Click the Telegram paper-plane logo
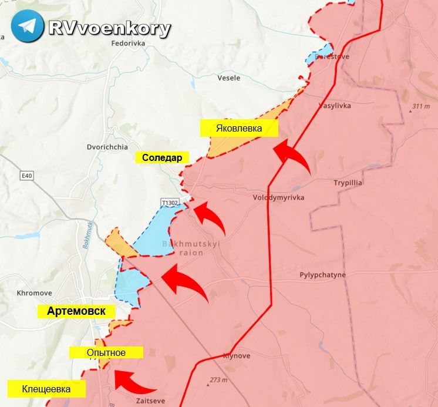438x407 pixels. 27,26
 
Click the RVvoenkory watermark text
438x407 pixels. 110,28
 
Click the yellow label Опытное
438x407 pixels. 106,352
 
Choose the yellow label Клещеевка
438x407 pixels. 46,389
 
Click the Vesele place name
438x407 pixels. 228,78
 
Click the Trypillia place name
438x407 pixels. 348,183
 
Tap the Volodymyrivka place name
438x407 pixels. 278,198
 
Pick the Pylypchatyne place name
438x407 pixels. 322,274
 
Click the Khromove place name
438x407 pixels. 34,292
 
